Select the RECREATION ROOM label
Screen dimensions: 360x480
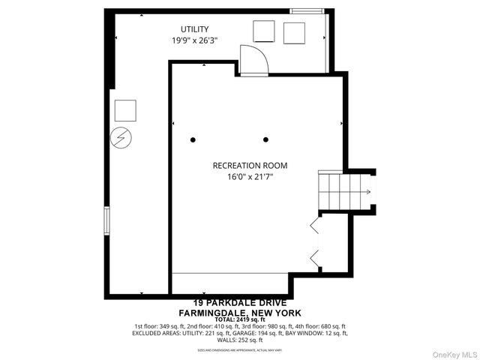coord(250,166)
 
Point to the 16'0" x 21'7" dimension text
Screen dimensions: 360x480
coord(250,178)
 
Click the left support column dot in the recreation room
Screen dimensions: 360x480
coord(193,139)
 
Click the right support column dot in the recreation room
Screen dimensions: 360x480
coord(265,139)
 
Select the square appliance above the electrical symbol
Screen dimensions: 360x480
coord(124,110)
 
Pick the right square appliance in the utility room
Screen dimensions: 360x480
coord(295,33)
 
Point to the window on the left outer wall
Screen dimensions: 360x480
coord(107,222)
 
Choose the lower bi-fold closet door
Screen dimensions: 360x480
coord(315,258)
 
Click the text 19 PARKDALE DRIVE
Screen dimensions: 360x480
coord(240,302)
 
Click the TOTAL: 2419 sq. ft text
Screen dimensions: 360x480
coord(240,319)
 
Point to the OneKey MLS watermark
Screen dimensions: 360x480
coord(453,352)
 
